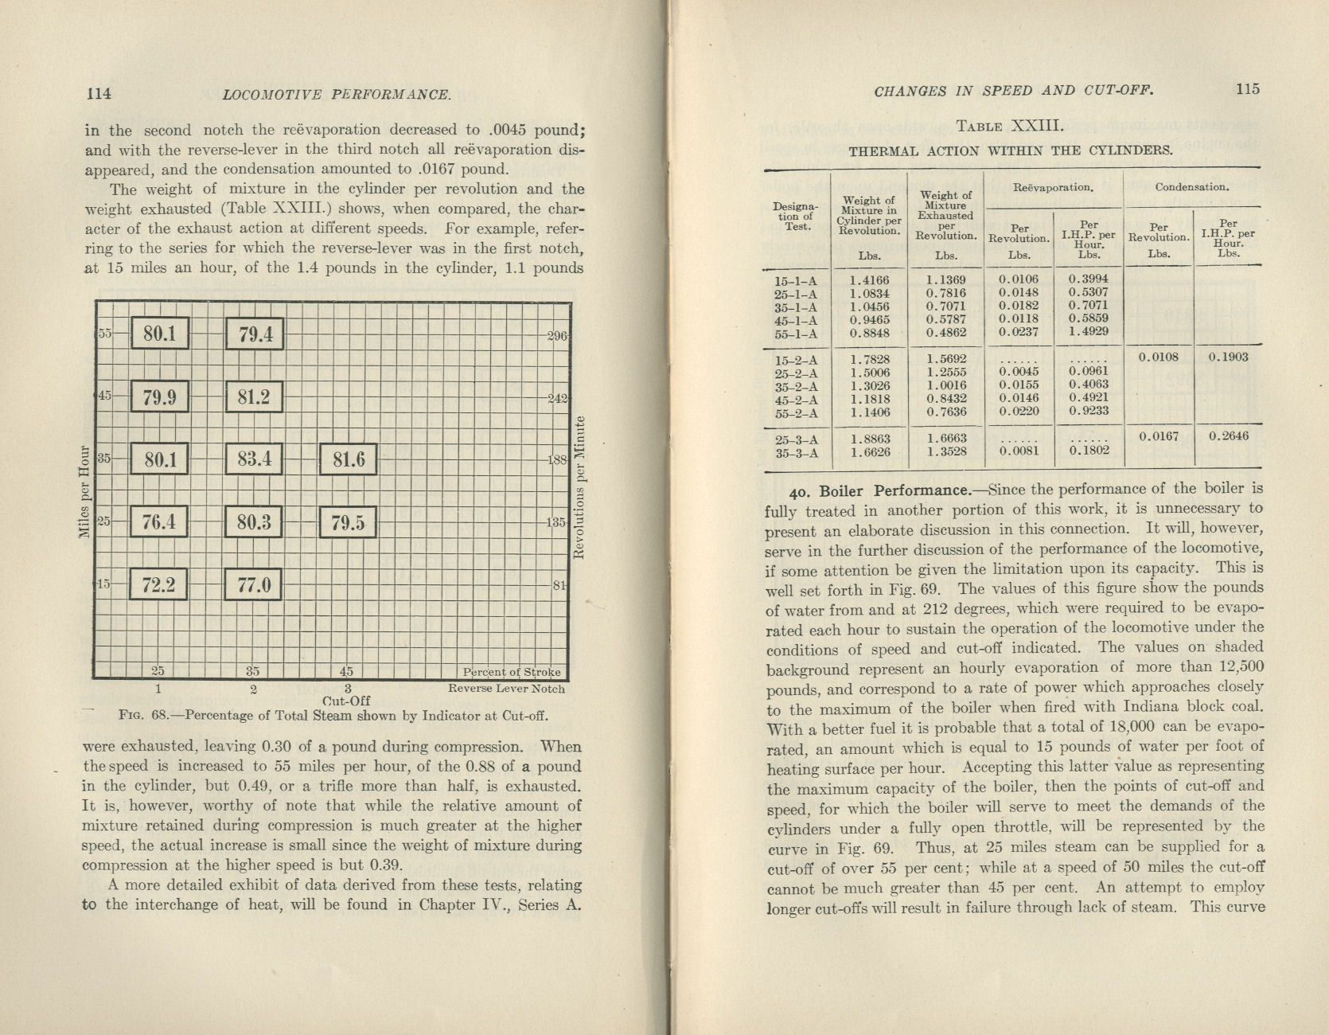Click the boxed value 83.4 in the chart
click(254, 459)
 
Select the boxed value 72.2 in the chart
click(158, 585)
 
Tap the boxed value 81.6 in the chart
click(348, 459)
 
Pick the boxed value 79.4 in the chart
click(254, 334)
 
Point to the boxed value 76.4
click(158, 522)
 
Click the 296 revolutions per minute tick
click(557, 336)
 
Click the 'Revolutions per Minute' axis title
click(581, 487)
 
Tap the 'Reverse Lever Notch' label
click(506, 689)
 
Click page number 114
click(99, 93)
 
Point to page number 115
click(1248, 89)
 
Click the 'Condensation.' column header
click(1191, 188)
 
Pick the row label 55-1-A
click(796, 334)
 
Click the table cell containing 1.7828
click(870, 359)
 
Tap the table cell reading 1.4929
click(1089, 331)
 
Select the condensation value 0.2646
click(1228, 436)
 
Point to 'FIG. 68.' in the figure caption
click(142, 715)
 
